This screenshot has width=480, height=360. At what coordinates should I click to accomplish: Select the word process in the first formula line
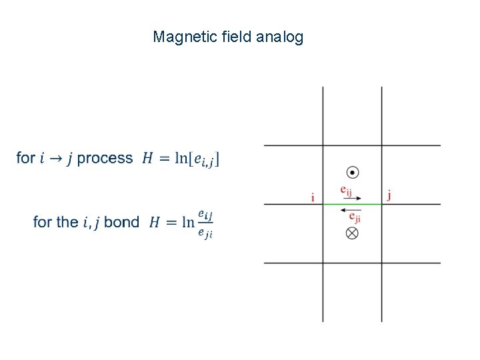(x=105, y=159)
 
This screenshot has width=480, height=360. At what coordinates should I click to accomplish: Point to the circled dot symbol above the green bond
(x=353, y=173)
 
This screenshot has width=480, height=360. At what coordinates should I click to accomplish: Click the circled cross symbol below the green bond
(x=353, y=233)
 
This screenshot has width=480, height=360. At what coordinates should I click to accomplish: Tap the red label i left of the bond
(x=313, y=197)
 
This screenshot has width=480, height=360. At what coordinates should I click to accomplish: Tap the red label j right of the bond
(x=389, y=195)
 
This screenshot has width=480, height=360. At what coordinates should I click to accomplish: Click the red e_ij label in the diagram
(x=345, y=191)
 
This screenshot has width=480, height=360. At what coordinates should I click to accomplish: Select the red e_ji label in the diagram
(x=355, y=217)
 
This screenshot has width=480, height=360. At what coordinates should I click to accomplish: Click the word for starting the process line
(x=26, y=158)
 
